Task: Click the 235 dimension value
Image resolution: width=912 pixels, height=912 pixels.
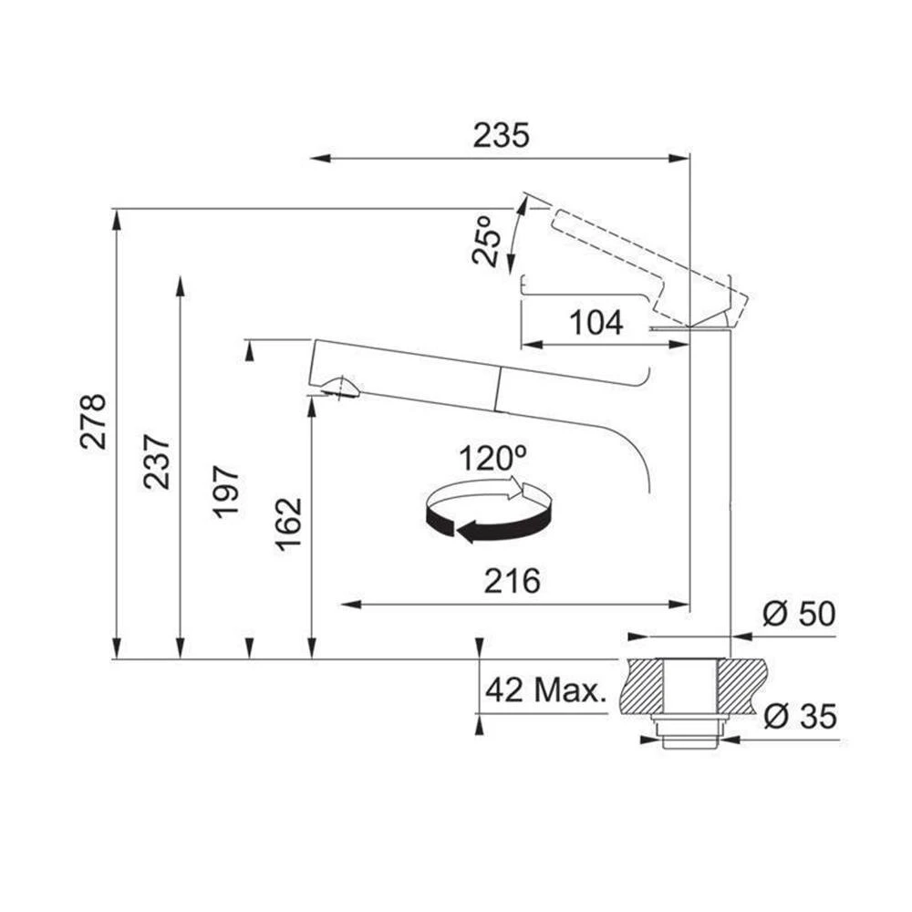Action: pos(501,136)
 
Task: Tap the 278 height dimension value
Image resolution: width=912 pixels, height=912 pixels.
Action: pos(94,421)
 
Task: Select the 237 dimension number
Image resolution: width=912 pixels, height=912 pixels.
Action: pos(157,461)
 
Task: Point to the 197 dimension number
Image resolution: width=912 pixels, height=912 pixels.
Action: pos(225,492)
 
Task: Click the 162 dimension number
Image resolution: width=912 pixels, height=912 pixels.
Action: pos(289,524)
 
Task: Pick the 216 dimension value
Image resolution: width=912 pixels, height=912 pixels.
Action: pos(513,581)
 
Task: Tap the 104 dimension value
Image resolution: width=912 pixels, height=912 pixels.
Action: pos(596,323)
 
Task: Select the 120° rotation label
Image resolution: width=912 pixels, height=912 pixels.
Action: pos(492,459)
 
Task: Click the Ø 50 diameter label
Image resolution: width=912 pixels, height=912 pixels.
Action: pos(800,614)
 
